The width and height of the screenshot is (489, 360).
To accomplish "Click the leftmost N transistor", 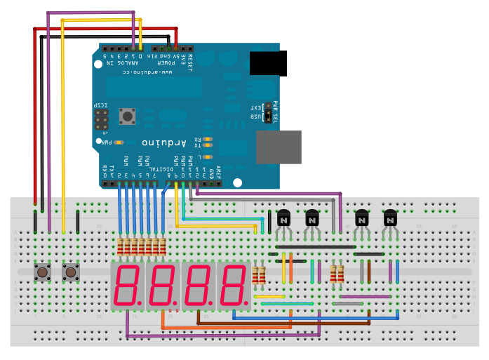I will click(x=284, y=218).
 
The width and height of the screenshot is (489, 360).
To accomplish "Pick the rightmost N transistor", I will click(x=391, y=218).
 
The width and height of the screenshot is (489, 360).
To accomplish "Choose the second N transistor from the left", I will click(x=312, y=218).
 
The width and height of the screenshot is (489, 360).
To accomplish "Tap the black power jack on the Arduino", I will click(x=268, y=63).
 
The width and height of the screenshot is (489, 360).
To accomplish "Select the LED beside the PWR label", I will click(x=119, y=142).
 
